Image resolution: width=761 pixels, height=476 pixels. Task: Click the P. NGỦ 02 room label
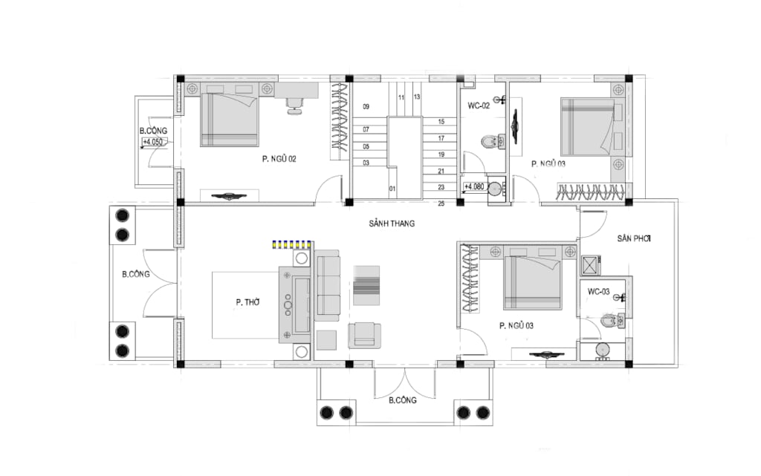click(279, 158)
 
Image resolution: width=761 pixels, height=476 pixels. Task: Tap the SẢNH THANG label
click(392, 224)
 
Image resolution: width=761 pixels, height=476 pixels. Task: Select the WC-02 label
click(479, 105)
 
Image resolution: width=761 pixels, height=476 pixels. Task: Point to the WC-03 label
click(598, 292)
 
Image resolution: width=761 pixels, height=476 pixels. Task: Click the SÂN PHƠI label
click(634, 238)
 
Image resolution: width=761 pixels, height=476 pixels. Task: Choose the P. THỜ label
click(248, 302)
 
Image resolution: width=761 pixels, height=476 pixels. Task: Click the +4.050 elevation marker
click(153, 142)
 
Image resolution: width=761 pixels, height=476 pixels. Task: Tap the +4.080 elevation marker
click(474, 186)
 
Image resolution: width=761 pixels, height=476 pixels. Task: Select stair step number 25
click(441, 203)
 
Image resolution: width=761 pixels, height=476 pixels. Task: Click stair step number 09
click(366, 107)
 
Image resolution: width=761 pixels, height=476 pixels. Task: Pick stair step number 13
click(417, 97)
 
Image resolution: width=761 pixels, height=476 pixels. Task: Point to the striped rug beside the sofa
click(366, 285)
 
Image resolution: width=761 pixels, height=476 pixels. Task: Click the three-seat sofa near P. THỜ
click(327, 285)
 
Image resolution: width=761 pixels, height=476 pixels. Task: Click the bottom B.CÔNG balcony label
click(402, 400)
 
